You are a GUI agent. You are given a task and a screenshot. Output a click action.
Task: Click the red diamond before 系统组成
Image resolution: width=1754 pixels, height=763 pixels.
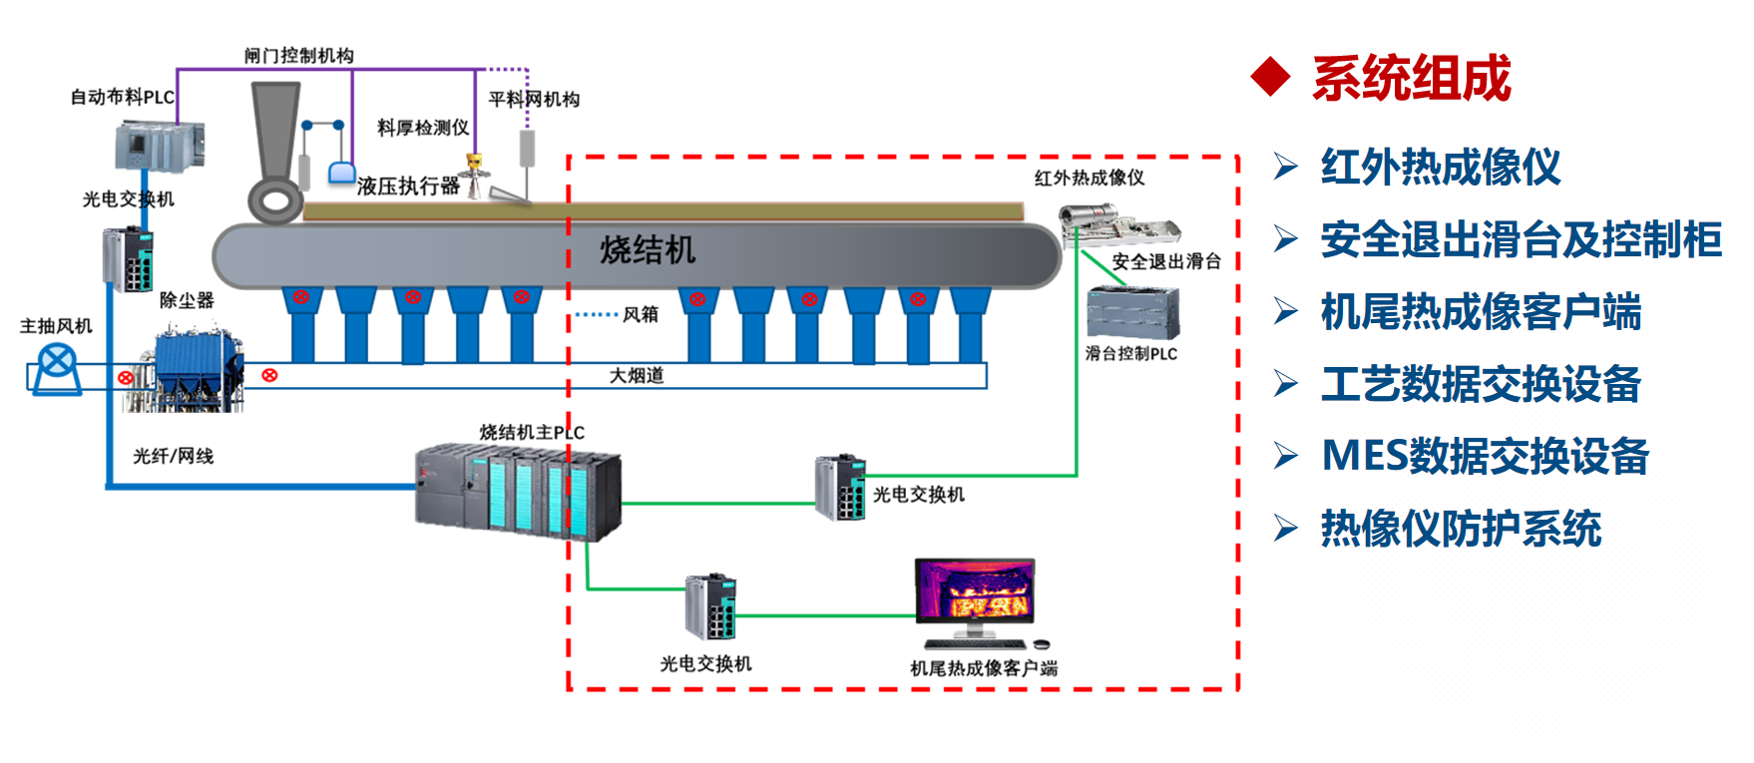(x=1271, y=77)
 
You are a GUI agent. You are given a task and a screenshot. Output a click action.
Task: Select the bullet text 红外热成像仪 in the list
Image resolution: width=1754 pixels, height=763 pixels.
(x=1440, y=167)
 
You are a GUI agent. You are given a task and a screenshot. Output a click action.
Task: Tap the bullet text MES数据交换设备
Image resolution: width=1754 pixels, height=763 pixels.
(x=1485, y=456)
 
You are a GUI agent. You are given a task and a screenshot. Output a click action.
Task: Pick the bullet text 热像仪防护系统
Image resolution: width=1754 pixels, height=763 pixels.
(x=1461, y=529)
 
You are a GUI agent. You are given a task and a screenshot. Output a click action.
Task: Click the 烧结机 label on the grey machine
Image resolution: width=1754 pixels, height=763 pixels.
(x=648, y=250)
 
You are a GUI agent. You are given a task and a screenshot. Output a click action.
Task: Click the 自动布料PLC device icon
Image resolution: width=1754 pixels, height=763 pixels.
(x=159, y=146)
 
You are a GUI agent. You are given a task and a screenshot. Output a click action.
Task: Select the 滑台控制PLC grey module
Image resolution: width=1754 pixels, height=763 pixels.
(x=1132, y=312)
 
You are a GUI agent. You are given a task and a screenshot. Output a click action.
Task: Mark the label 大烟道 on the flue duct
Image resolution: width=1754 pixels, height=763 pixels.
(x=637, y=376)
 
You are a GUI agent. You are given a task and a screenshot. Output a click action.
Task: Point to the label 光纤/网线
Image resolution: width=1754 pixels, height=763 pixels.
(x=174, y=456)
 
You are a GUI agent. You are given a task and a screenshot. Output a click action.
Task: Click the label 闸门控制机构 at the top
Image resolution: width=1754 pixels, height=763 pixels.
(x=299, y=56)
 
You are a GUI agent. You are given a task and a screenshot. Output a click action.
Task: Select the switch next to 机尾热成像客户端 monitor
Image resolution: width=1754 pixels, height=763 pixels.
(x=710, y=606)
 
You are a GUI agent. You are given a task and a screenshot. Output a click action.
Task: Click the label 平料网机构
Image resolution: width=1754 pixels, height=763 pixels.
(x=534, y=100)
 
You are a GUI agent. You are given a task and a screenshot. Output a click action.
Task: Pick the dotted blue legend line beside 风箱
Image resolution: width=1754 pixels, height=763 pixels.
(x=597, y=314)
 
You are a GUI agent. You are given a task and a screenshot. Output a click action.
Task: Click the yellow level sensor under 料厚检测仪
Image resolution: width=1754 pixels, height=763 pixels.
(x=475, y=170)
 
